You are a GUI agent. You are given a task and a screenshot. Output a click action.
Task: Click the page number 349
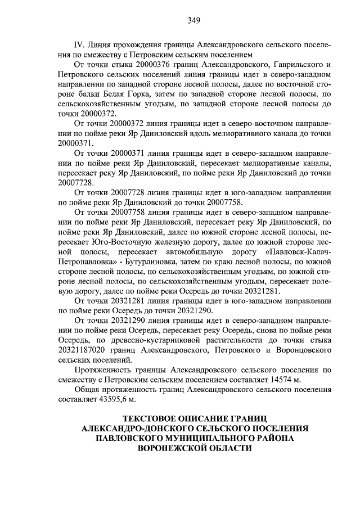194,21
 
